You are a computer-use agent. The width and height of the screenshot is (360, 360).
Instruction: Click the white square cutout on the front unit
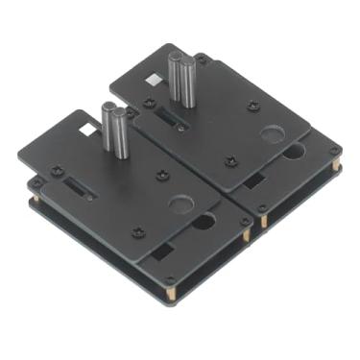click(x=88, y=128)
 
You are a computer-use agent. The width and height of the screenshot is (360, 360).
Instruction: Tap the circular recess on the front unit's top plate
click(x=180, y=204)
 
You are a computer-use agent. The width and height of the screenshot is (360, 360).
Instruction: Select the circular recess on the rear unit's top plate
click(x=272, y=133)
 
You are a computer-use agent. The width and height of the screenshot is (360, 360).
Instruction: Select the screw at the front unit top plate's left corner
click(x=55, y=171)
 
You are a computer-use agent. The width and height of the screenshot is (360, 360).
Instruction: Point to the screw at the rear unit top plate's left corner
click(x=155, y=98)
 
